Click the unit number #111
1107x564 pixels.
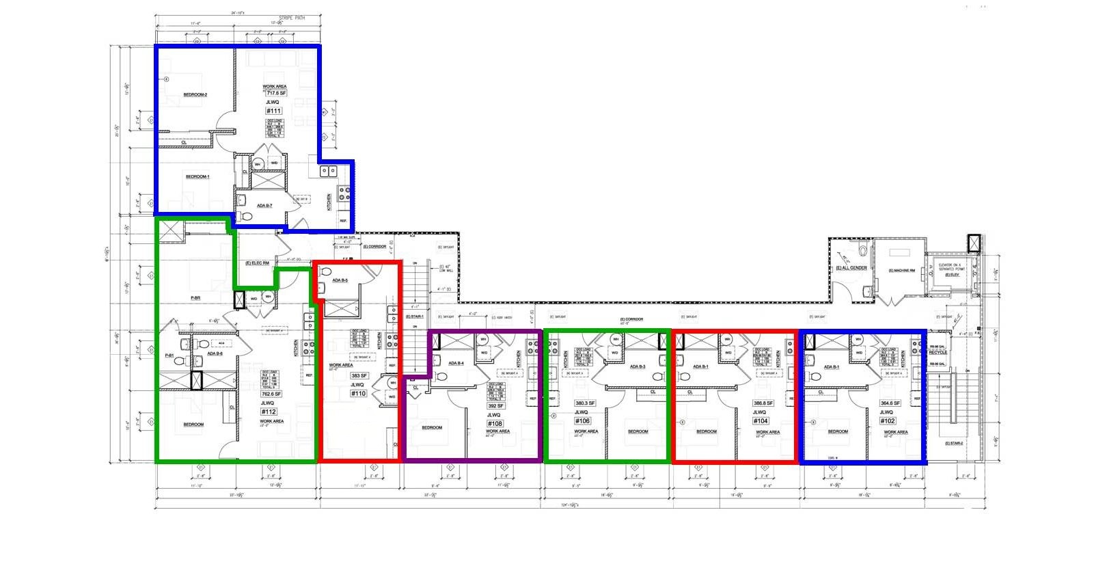pyautogui.click(x=273, y=111)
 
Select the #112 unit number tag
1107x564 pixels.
pyautogui.click(x=269, y=412)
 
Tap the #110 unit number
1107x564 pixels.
pyautogui.click(x=358, y=394)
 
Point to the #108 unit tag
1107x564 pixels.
pyautogui.click(x=495, y=424)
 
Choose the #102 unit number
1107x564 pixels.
pyautogui.click(x=888, y=421)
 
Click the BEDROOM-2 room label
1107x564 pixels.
pyautogui.click(x=195, y=95)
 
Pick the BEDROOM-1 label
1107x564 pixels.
pyautogui.click(x=197, y=177)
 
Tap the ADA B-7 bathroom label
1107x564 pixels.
pyautogui.click(x=264, y=206)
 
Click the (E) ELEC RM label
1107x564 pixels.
pyautogui.click(x=258, y=263)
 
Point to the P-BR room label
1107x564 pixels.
pyautogui.click(x=195, y=298)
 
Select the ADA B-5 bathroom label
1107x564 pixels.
pyautogui.click(x=340, y=280)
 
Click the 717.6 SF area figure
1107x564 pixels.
pyautogui.click(x=276, y=93)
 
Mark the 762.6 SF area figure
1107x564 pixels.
pyautogui.click(x=271, y=394)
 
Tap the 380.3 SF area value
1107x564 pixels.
pyautogui.click(x=585, y=403)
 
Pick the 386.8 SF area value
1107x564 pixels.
pyautogui.click(x=763, y=403)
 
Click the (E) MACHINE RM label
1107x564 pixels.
pyautogui.click(x=901, y=271)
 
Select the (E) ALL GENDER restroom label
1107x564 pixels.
pyautogui.click(x=851, y=268)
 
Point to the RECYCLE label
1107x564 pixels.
pyautogui.click(x=938, y=353)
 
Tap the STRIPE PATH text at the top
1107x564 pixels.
pyautogui.click(x=292, y=18)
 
